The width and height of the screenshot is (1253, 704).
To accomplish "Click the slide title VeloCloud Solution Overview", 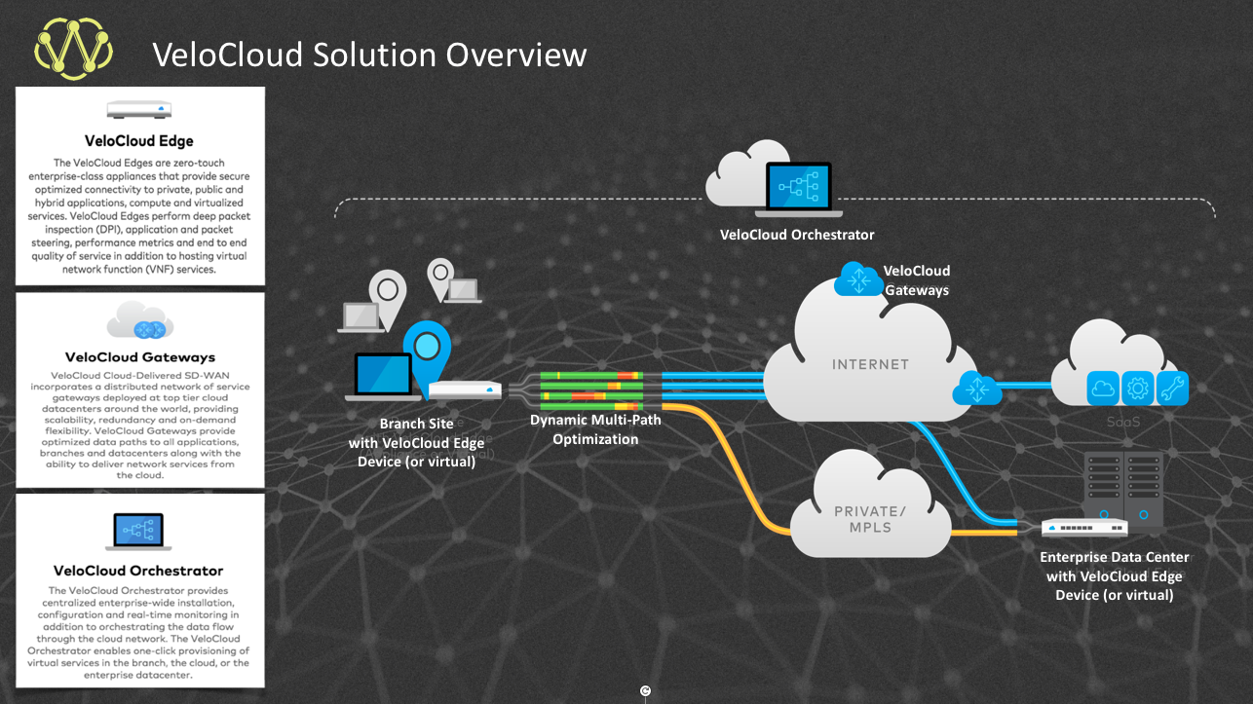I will coord(369,55).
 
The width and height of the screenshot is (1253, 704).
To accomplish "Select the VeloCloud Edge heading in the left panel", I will coord(139,141).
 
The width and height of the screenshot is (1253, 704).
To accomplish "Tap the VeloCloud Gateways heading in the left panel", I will coord(139,356).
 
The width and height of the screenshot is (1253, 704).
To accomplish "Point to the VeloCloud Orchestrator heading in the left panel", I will coord(138,571).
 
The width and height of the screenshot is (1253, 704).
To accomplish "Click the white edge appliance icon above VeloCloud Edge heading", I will coord(139,109).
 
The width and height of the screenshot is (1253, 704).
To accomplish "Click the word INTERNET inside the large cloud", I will coord(870,365).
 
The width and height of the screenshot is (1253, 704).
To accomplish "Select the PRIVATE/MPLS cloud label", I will coord(870,518).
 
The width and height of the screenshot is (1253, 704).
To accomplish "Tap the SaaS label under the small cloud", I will coord(1121,423).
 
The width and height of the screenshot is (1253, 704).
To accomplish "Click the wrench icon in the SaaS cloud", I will coord(1172,388).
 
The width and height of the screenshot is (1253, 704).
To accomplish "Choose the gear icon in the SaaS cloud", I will coord(1137,388).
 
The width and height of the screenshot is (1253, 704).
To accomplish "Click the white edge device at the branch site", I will coord(465,390).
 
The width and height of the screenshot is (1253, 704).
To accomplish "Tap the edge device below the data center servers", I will coord(1084,528).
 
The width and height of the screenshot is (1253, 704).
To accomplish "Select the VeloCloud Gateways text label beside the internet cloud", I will coord(916,280).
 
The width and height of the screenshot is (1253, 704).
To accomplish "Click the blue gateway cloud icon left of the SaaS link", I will coord(976,388).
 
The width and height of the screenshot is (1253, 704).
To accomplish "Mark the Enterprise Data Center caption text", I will coord(1114,575).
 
